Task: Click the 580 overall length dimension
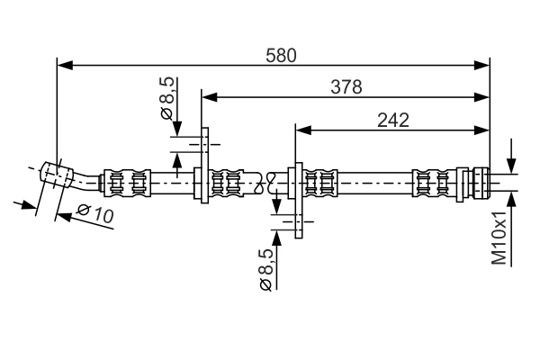[281, 55]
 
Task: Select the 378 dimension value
[346, 86]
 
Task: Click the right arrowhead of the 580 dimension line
[483, 65]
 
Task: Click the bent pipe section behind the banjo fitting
[86, 180]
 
